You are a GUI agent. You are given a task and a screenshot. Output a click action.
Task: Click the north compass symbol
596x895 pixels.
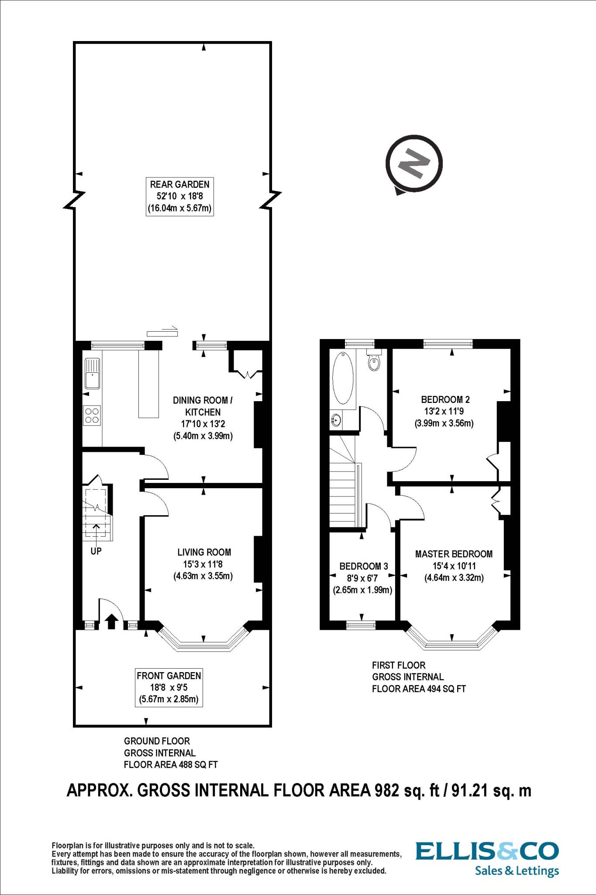414,164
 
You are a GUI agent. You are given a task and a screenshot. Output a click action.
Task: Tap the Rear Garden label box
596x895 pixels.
179,197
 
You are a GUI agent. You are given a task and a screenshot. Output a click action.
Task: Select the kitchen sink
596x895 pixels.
92,373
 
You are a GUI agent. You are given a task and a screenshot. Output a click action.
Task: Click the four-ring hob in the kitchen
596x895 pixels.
92,415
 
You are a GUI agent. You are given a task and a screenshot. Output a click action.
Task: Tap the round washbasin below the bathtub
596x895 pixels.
336,420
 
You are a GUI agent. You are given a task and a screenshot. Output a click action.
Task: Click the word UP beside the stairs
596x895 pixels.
96,552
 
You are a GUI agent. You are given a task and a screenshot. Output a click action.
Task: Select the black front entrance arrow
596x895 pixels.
111,621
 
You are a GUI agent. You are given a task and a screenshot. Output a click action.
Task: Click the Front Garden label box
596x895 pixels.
169,687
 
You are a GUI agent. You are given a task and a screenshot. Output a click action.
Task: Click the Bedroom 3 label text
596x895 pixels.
363,566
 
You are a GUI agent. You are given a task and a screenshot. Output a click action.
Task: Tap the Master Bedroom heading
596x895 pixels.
454,554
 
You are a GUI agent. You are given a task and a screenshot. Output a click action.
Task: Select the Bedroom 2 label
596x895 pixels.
445,399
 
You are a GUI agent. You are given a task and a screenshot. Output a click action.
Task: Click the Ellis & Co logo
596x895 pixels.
487,851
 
